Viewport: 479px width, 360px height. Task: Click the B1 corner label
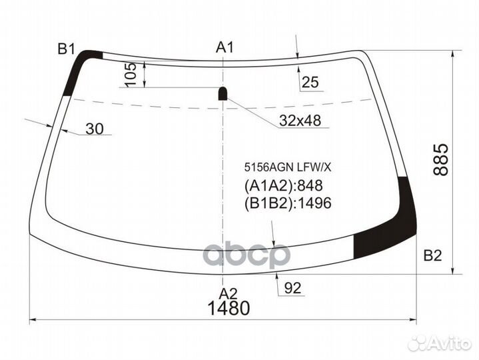tap(67, 48)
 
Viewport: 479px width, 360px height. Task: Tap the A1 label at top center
tap(225, 47)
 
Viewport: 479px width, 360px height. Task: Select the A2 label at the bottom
tap(229, 293)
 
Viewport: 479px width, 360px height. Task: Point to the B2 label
tap(433, 255)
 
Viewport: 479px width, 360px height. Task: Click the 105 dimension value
tap(131, 74)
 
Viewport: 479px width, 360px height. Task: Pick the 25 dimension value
tap(310, 83)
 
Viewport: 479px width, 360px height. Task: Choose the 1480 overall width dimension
tap(229, 309)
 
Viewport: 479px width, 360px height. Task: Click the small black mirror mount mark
tap(223, 93)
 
